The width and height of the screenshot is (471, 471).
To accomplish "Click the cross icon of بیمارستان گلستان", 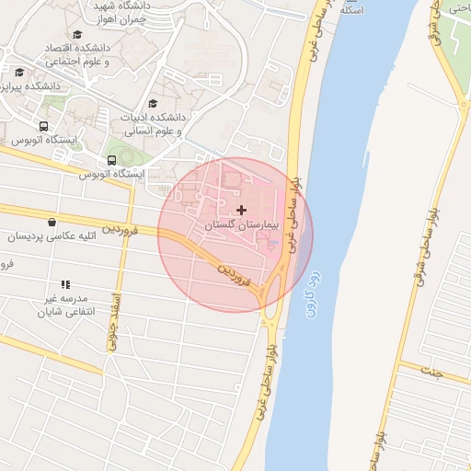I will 242,211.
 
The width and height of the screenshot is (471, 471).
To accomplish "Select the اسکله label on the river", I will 351,9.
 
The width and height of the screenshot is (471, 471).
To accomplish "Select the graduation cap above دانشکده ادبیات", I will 153,104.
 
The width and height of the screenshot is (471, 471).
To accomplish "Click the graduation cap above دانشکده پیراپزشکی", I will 19,72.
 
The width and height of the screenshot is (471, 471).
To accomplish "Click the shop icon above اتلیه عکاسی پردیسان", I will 51,222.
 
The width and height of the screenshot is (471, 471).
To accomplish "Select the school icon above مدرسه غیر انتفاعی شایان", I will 65,285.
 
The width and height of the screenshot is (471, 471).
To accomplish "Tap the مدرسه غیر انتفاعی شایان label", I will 62,305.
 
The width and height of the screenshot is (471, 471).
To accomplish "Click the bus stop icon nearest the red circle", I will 111,160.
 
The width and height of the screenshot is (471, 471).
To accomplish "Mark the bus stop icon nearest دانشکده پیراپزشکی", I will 43,127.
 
